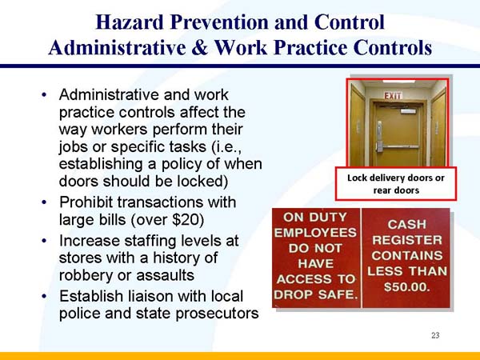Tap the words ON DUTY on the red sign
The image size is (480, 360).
point(316,217)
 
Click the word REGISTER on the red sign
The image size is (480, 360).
point(406,240)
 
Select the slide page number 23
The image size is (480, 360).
point(435,334)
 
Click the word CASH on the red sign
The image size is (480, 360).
point(406,225)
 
